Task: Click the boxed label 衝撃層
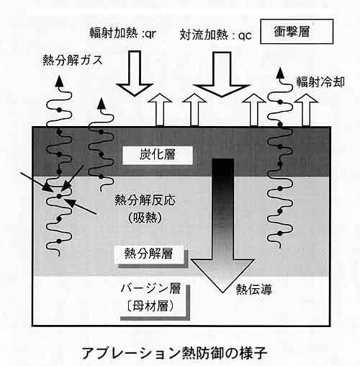click(297, 32)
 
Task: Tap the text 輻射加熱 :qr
click(123, 33)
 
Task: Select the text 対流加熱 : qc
click(216, 35)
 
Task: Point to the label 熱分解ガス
click(73, 60)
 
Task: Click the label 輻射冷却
click(320, 82)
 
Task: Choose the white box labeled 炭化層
click(158, 155)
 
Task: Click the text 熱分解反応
click(145, 200)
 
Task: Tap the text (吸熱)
click(145, 218)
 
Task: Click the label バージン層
click(150, 288)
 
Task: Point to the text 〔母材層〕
click(150, 306)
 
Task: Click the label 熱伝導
click(254, 290)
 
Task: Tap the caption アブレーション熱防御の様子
click(175, 352)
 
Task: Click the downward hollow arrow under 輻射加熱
click(135, 73)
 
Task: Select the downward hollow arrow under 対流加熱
click(222, 75)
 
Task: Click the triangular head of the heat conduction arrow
click(222, 276)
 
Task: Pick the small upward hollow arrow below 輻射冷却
click(306, 110)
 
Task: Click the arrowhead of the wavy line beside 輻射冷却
click(280, 73)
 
